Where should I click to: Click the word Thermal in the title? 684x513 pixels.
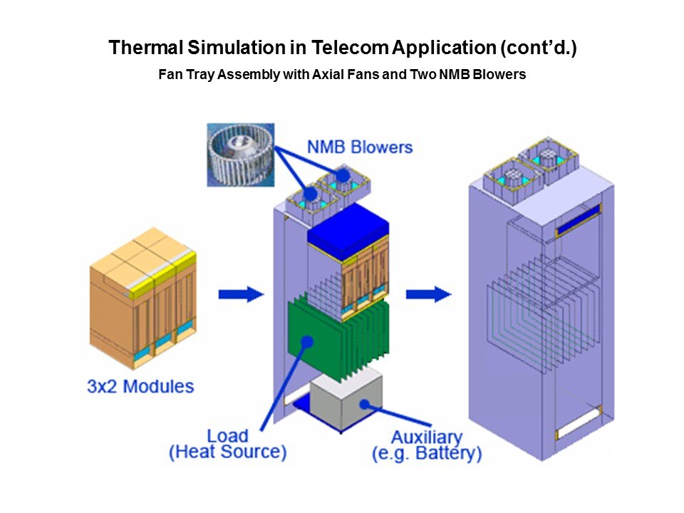point(146,48)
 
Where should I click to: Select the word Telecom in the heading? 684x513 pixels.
point(349,48)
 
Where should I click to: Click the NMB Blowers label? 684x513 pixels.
point(360,147)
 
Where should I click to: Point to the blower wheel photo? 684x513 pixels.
point(241,155)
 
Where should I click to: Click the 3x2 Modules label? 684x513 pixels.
point(140,386)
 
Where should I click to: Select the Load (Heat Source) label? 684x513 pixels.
point(228,444)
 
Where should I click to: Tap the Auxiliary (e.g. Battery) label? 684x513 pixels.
point(427,445)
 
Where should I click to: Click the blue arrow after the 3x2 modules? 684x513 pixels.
point(242,294)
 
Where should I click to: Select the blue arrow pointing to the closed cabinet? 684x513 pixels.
point(429,294)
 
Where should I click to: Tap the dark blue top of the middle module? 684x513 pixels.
point(348,232)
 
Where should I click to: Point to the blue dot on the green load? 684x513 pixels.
point(308,341)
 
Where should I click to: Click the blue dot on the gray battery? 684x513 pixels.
point(365,405)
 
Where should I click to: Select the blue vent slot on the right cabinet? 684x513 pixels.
point(579,220)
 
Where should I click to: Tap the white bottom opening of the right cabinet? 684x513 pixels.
point(579,423)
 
